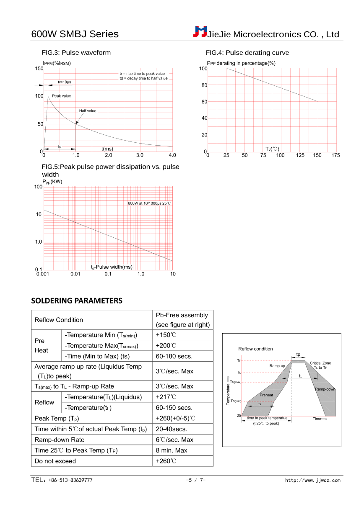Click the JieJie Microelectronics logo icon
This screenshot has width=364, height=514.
pos(200,31)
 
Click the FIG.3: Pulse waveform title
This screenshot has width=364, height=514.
pos(76,53)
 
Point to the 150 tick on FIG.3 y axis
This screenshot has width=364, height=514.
pos(39,69)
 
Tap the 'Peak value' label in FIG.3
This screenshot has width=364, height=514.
pos(62,96)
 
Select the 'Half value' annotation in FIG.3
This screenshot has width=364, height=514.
pos(88,111)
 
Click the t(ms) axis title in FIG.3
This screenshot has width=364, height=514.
pos(107,149)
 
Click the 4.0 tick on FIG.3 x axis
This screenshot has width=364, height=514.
pos(172,155)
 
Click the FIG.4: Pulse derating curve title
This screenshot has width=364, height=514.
pos(247,53)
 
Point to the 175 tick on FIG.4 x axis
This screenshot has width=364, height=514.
pos(335,156)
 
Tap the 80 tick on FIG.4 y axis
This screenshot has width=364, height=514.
pos(205,85)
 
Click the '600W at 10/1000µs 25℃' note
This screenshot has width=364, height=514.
pos(149,203)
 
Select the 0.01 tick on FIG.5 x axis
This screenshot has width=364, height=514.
pos(75,274)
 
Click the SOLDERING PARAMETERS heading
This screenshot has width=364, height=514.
pos(77,301)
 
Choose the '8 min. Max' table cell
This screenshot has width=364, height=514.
pos(172,450)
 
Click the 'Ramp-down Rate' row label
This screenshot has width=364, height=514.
pos(60,439)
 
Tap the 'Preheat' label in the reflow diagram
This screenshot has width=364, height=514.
pos(266,395)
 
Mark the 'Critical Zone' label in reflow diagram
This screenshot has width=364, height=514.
pos(320,363)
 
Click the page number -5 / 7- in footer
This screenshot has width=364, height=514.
pos(195,480)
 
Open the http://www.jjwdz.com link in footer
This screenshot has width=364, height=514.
pos(313,480)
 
